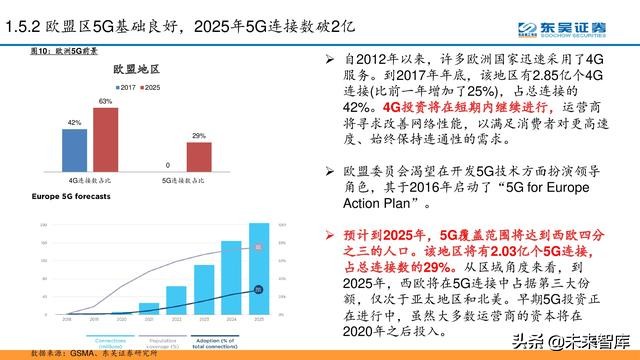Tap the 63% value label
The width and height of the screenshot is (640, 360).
104,102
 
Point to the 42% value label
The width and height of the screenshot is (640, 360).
75,123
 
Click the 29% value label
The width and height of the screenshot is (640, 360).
199,135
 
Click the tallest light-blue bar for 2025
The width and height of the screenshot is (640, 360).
258,266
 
